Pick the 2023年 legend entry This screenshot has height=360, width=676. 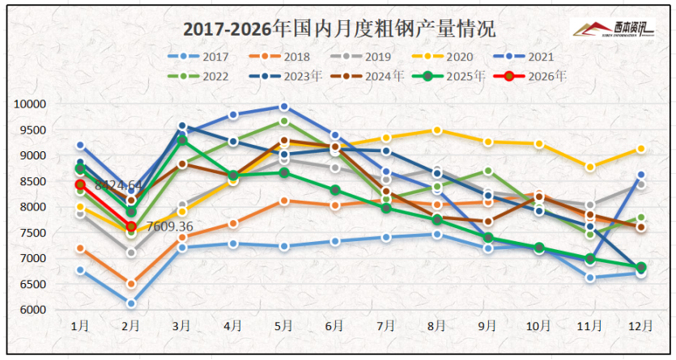(x=295, y=76)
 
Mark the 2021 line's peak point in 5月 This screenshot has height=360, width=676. (x=284, y=107)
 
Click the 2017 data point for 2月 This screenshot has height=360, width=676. (x=131, y=303)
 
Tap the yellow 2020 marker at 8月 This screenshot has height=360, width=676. (x=437, y=130)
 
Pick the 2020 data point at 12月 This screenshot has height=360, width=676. (x=640, y=149)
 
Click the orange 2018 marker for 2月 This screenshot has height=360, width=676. (x=131, y=284)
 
